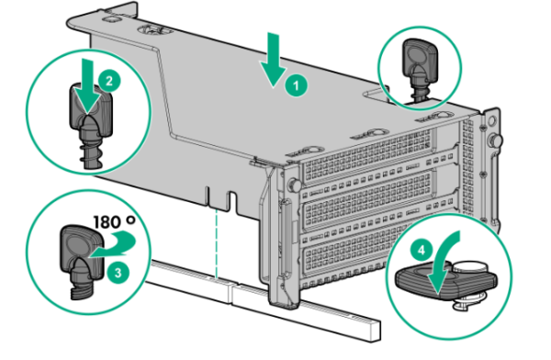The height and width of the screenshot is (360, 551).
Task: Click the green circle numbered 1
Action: (296, 85)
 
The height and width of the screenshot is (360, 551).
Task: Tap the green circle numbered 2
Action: (109, 81)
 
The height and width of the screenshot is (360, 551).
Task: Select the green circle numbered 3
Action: (118, 273)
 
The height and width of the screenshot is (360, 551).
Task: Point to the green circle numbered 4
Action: (422, 251)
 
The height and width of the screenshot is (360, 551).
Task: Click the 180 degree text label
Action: (114, 222)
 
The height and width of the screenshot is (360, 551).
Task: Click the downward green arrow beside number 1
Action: (273, 60)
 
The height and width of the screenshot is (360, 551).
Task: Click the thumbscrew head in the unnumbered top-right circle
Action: (421, 58)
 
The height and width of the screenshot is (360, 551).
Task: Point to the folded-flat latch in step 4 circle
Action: (445, 280)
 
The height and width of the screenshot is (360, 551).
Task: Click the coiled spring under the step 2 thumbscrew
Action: (91, 154)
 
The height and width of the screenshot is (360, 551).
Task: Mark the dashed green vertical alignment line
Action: (217, 243)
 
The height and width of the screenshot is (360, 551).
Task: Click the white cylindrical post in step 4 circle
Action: (471, 268)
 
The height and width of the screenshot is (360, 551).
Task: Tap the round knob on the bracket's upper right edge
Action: (495, 141)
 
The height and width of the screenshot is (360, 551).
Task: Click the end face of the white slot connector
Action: (375, 331)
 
